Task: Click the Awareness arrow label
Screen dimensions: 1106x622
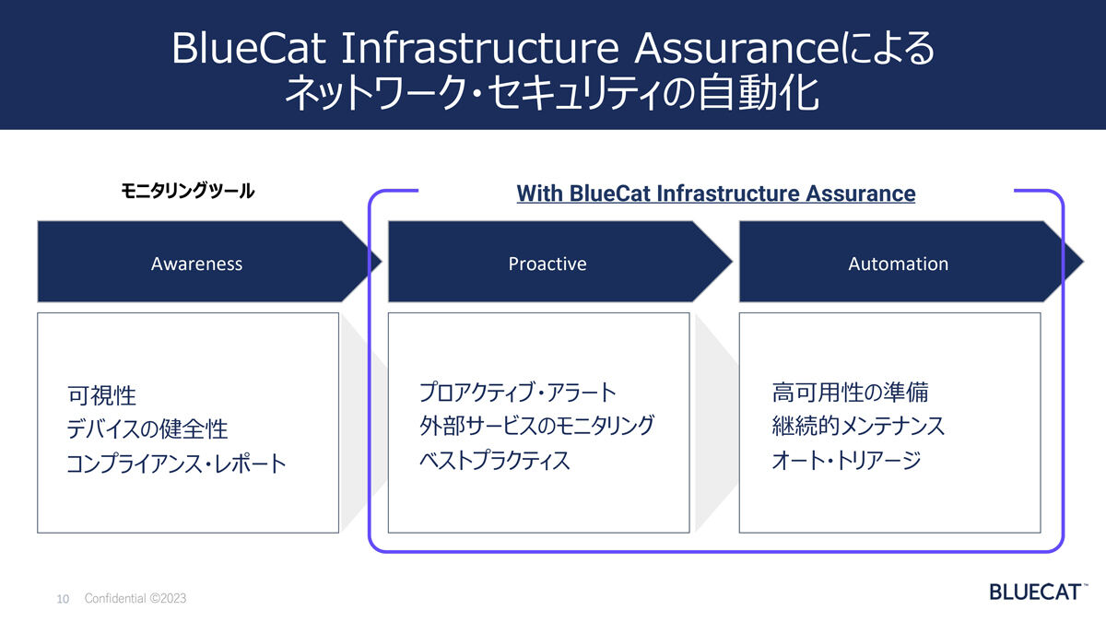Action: coord(196,264)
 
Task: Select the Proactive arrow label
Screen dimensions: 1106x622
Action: coord(547,264)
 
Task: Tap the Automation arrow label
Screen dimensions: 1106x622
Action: coord(898,264)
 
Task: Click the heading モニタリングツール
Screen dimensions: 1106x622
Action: coord(188,191)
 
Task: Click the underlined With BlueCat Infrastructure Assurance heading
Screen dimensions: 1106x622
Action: coord(716,194)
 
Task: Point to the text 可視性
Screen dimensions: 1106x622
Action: coord(101,395)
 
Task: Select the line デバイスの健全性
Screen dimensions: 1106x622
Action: coord(147,428)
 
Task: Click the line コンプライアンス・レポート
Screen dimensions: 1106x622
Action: coord(176,464)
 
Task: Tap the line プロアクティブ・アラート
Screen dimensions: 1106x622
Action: coord(517,393)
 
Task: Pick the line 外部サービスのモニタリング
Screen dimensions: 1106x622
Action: coord(536,426)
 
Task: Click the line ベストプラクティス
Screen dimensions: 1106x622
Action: coord(494,460)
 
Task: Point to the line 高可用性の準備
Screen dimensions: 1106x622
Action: coord(850,393)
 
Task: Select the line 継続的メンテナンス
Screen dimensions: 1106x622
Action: coord(858,426)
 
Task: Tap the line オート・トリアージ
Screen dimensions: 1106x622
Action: coord(846,460)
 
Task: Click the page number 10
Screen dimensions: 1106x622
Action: coord(63,599)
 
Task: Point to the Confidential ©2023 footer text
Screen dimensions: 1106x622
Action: coord(135,598)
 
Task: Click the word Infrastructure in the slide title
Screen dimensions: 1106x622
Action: coord(480,48)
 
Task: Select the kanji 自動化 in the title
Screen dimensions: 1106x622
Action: coord(759,92)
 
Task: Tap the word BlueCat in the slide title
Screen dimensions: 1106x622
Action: coord(249,48)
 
